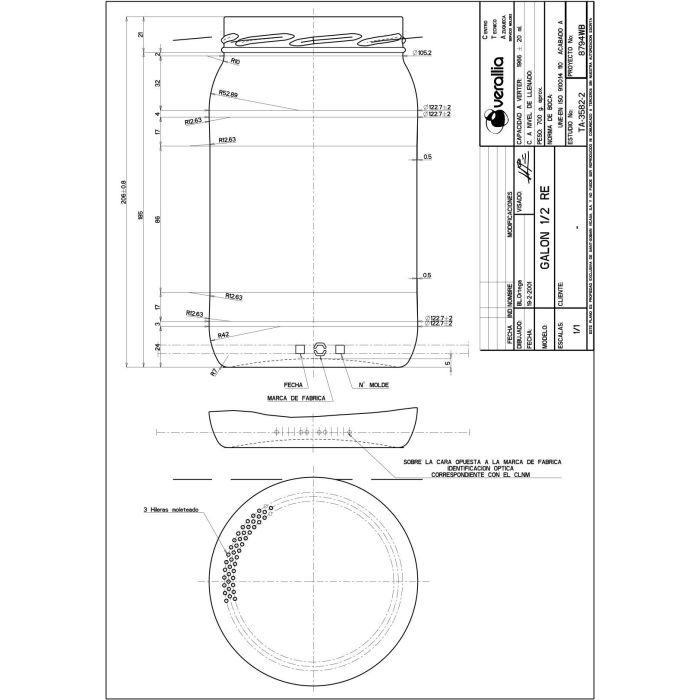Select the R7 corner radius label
click(x=214, y=371)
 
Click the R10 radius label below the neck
click(x=235, y=61)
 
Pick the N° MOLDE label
click(x=372, y=384)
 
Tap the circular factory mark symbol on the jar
click(x=320, y=348)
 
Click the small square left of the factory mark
click(x=300, y=348)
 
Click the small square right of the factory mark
click(x=340, y=348)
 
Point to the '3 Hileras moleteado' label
click(x=171, y=510)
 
